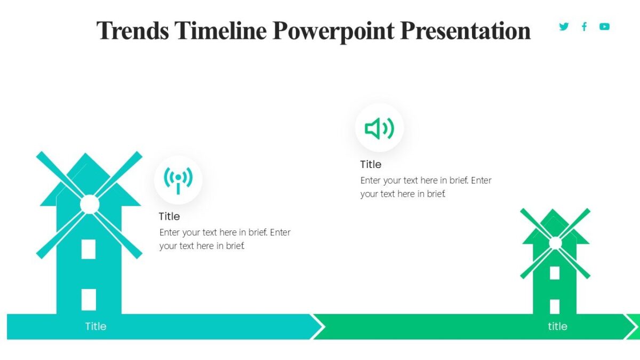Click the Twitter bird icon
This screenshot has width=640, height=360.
(564, 27)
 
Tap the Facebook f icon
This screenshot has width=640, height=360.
(584, 27)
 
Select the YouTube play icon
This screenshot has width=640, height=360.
(604, 27)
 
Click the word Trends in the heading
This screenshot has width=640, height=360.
(132, 31)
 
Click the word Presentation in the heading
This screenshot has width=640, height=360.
(465, 31)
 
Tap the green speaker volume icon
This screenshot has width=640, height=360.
(379, 129)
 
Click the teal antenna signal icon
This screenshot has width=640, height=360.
(178, 180)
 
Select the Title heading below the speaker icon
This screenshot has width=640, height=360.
(371, 164)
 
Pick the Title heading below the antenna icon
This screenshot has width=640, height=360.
(169, 217)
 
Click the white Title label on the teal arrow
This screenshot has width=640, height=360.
(96, 326)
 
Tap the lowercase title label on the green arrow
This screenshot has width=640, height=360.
(557, 326)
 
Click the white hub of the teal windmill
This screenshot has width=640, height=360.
(90, 204)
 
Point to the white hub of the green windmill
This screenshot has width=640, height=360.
(555, 243)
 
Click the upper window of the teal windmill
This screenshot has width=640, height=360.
(89, 249)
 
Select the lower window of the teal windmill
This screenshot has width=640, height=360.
(89, 299)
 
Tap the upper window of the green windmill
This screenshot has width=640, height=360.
(555, 273)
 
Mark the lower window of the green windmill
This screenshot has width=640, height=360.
(555, 306)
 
